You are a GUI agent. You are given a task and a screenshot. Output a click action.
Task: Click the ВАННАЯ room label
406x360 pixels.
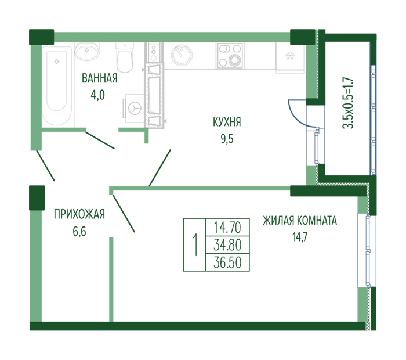point(100,78)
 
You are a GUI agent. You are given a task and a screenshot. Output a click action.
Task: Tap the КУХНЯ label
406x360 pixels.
point(227,122)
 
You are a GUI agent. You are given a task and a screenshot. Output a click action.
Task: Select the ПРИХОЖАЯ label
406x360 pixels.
point(79,214)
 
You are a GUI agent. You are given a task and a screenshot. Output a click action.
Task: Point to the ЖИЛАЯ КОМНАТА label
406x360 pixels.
point(300,221)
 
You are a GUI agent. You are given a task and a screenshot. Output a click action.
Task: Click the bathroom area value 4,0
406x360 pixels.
point(97,95)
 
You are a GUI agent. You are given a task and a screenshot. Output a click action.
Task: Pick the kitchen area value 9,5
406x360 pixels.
point(227,139)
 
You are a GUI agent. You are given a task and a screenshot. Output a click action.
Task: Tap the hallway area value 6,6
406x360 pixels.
point(79,232)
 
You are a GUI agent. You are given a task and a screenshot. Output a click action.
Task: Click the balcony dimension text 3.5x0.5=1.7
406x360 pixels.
point(348,103)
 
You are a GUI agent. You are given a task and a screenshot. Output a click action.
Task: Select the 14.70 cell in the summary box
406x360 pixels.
point(227,227)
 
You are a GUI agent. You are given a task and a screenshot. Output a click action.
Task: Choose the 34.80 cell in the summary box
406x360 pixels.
point(227,245)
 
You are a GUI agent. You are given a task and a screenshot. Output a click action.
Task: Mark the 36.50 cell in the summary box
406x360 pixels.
point(227,262)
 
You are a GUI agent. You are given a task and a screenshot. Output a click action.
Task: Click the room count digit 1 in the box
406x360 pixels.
point(195,245)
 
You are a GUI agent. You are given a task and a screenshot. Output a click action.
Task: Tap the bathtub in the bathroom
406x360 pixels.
point(57,86)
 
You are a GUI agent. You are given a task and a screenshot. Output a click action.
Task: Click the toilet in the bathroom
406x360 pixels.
point(125,57)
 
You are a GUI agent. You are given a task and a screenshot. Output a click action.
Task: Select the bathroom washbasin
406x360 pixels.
point(87,51)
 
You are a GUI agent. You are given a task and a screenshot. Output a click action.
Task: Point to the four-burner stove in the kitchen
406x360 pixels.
point(230,56)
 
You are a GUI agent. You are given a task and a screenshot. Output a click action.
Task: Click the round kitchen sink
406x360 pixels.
point(182,56)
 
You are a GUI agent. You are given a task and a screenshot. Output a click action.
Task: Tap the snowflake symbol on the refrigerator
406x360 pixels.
point(289,56)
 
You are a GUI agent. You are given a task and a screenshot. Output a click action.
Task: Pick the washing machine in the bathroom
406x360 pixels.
point(135,108)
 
